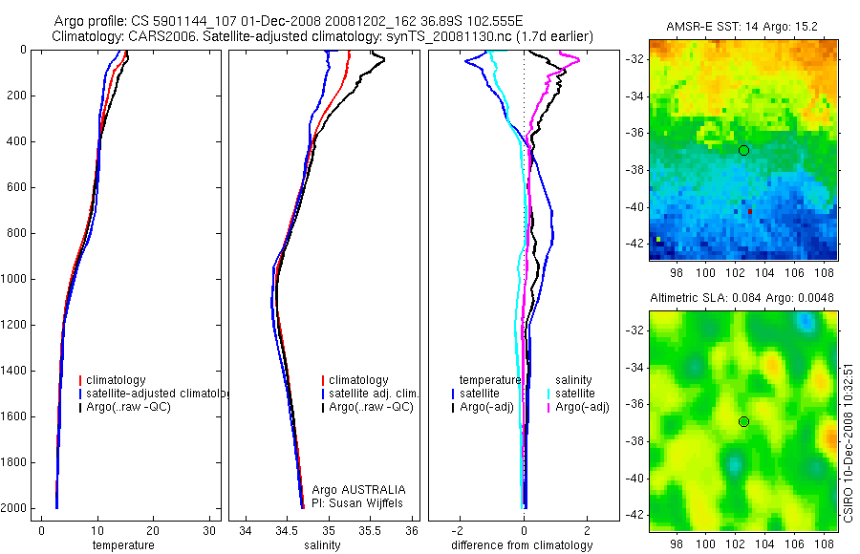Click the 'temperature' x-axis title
tap(122, 545)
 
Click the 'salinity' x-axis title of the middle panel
tap(320, 545)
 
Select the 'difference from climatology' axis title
tap(524, 545)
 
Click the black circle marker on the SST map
tap(743, 150)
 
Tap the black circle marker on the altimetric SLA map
tap(743, 421)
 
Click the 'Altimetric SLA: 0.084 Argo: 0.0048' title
tap(742, 298)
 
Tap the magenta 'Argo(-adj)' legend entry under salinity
tap(582, 408)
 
